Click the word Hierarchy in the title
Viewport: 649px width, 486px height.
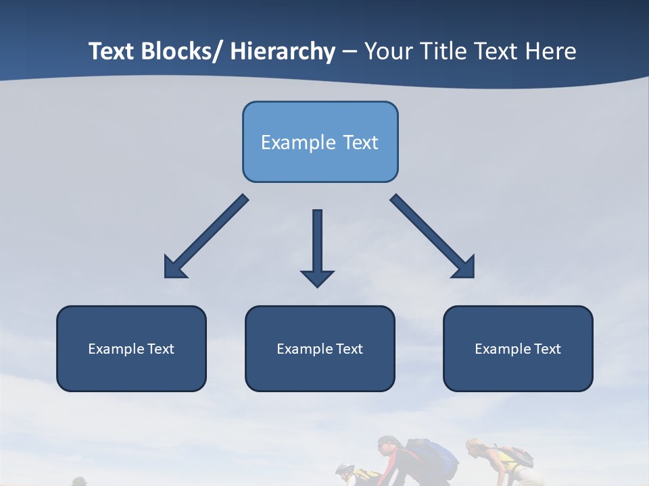point(283,52)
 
